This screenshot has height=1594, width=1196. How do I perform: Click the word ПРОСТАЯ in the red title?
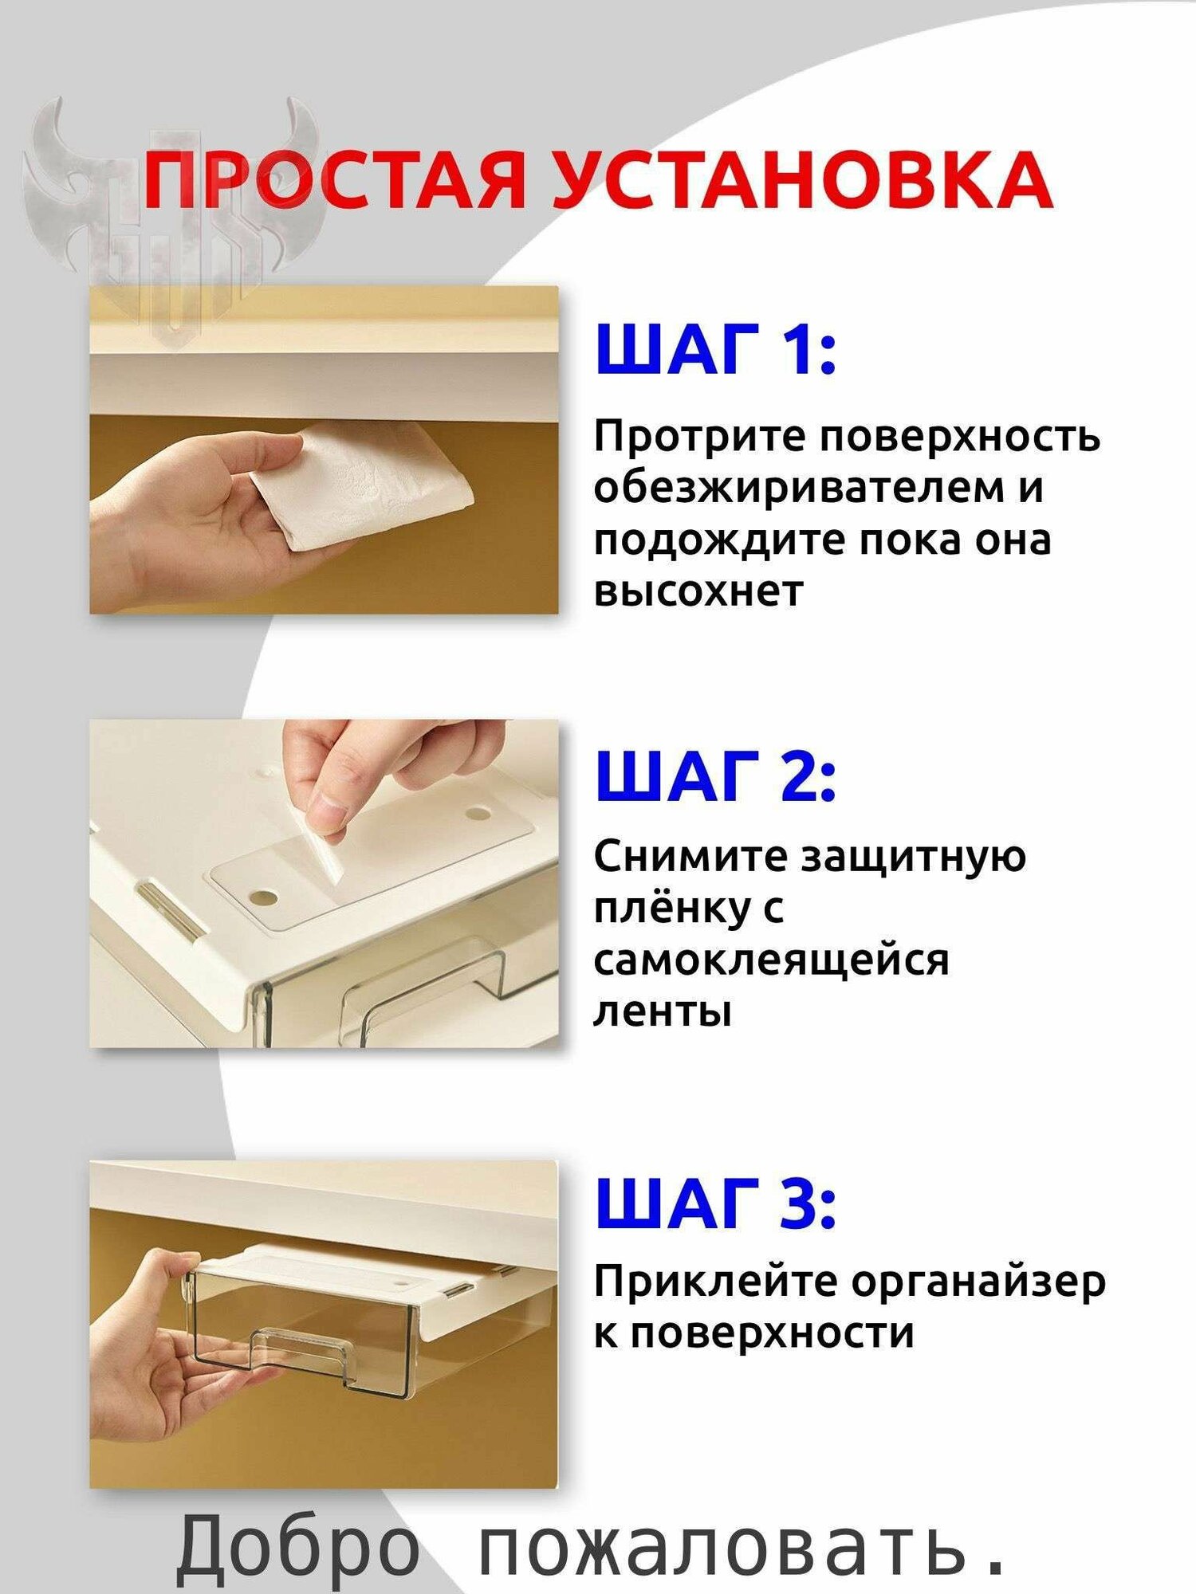(335, 180)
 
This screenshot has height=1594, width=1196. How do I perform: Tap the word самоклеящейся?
(771, 960)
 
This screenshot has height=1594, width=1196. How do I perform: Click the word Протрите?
(699, 437)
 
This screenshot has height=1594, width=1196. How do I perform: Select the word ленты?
(663, 1012)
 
